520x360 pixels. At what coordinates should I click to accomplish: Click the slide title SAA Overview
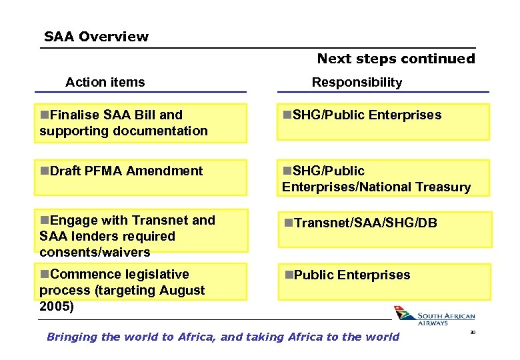[96, 37]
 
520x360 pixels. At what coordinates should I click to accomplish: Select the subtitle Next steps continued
[396, 59]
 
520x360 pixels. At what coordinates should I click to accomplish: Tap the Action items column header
[105, 82]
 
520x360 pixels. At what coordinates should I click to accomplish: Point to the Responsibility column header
[357, 82]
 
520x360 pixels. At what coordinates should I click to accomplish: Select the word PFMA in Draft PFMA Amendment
[103, 171]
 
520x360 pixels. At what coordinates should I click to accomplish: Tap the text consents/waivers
[95, 252]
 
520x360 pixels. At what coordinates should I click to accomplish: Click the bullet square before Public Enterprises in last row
[289, 275]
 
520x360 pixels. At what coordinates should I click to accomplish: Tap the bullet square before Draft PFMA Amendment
[44, 171]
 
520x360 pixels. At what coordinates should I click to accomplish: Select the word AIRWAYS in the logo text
[433, 323]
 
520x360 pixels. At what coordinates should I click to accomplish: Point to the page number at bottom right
[473, 331]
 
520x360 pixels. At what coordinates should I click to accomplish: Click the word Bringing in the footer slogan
[71, 337]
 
